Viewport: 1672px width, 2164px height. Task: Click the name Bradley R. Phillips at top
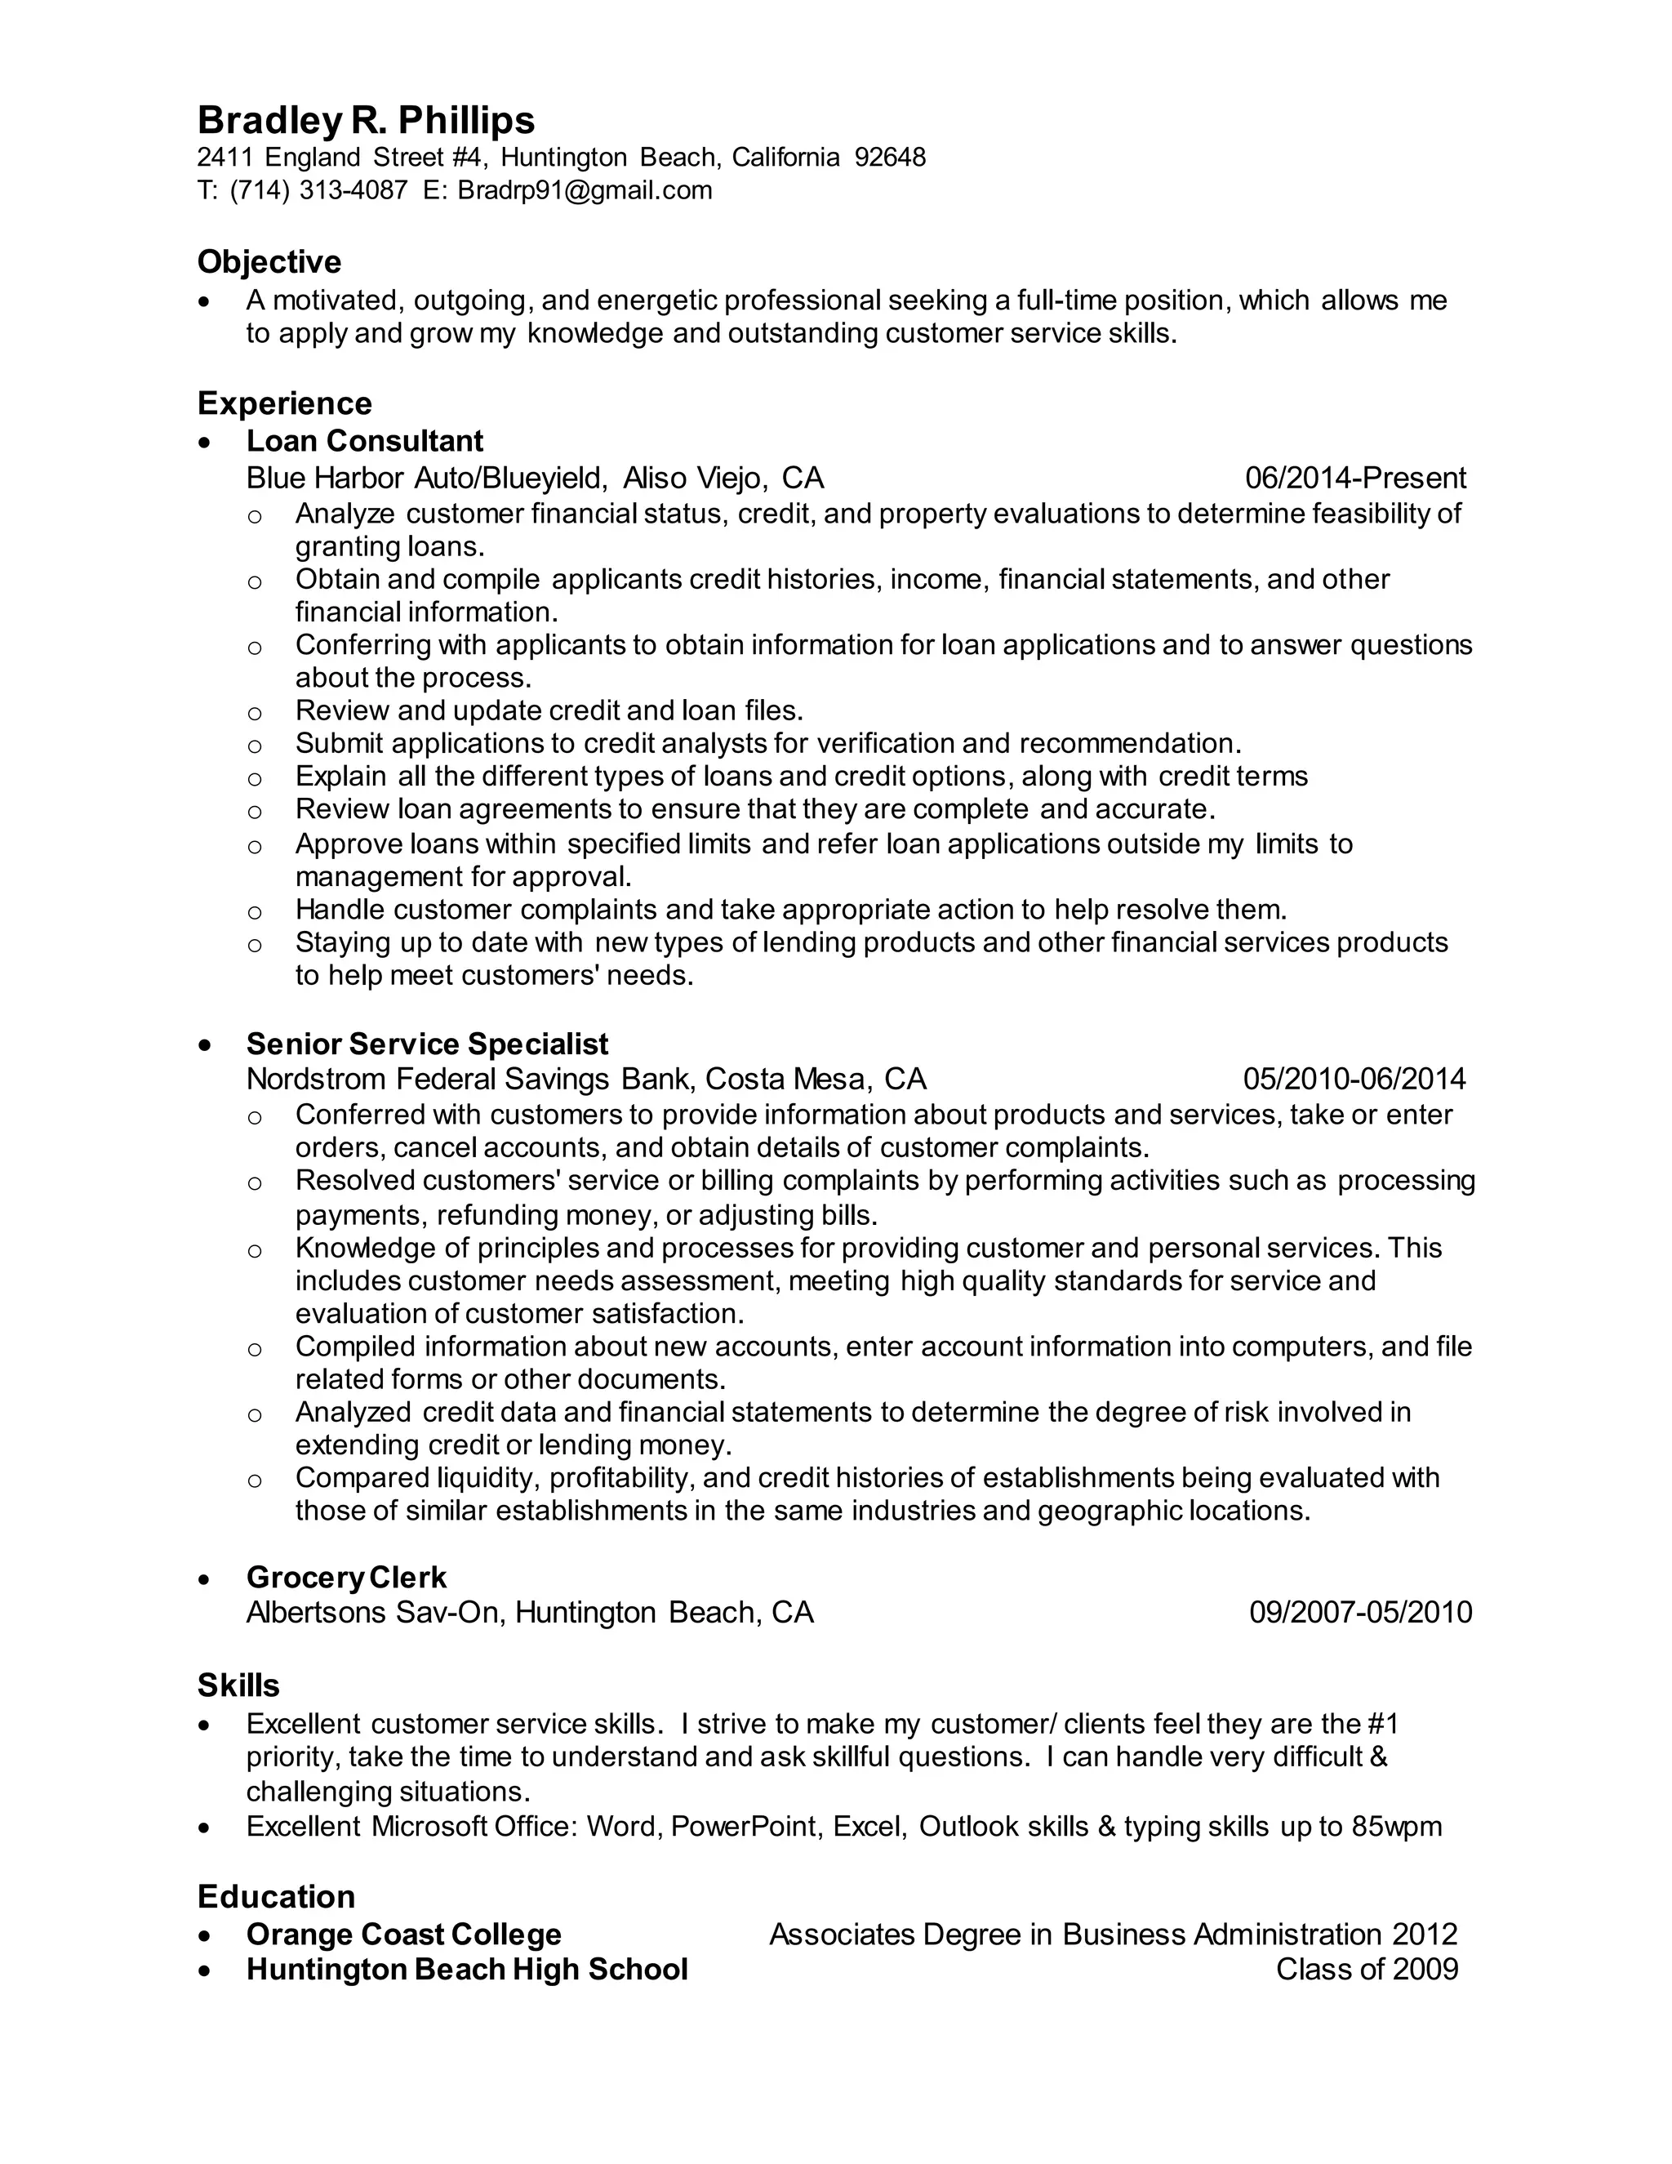(366, 121)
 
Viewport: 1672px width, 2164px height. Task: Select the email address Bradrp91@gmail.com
(585, 190)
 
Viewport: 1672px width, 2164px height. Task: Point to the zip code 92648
(890, 158)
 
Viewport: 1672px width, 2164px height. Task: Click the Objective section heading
(269, 263)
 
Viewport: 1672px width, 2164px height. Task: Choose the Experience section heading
(284, 403)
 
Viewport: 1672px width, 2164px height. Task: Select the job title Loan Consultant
(364, 441)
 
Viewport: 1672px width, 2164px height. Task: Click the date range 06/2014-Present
(1355, 479)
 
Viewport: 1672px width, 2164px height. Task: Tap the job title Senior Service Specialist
(427, 1044)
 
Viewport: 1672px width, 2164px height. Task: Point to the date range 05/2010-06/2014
(1354, 1079)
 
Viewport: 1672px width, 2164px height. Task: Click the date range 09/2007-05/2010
(1360, 1612)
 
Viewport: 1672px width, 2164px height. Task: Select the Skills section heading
(238, 1685)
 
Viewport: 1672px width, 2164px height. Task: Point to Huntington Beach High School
(466, 1969)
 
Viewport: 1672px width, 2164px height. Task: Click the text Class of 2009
(1367, 1969)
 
